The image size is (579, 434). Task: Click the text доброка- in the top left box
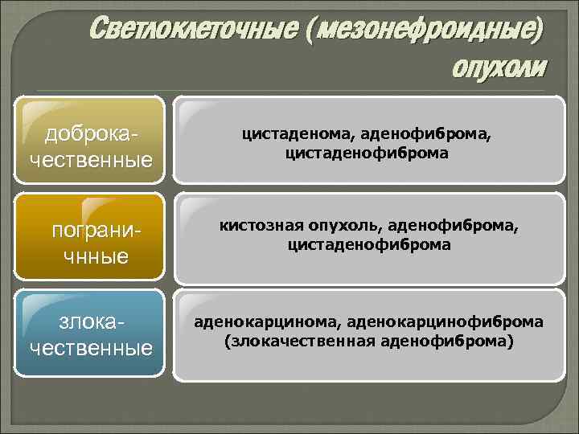(x=91, y=133)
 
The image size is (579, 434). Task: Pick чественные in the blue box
(x=91, y=348)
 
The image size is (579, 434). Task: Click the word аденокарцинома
(x=265, y=322)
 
